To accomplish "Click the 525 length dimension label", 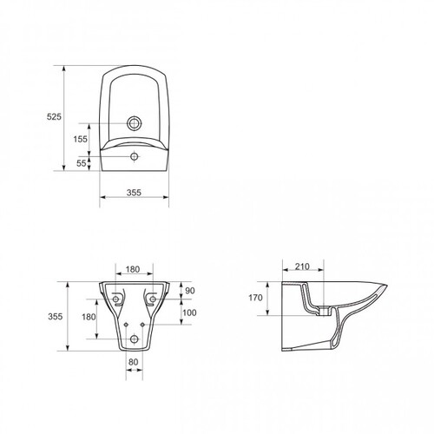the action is pyautogui.click(x=54, y=116).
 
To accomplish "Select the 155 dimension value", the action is pyautogui.click(x=80, y=139).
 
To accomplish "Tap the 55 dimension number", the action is pyautogui.click(x=82, y=163).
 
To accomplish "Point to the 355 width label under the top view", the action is pyautogui.click(x=134, y=193).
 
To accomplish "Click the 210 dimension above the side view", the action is pyautogui.click(x=302, y=266).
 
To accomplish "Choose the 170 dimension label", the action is pyautogui.click(x=255, y=298).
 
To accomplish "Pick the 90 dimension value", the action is pyautogui.click(x=190, y=291).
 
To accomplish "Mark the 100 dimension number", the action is pyautogui.click(x=189, y=312).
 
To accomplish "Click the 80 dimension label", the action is pyautogui.click(x=133, y=362).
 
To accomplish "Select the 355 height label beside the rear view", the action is pyautogui.click(x=56, y=317).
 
